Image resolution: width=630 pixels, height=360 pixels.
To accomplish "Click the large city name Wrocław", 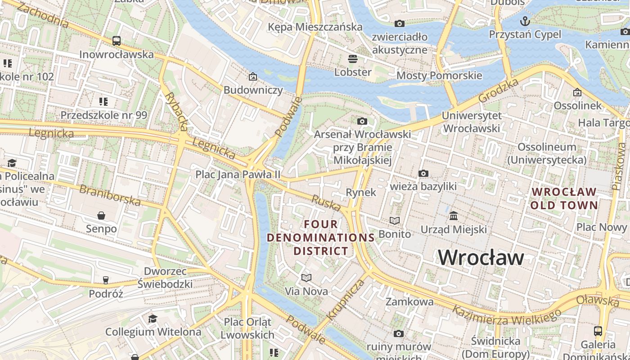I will pos(481,257).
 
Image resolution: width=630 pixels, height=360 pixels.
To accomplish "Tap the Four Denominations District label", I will pos(321,237).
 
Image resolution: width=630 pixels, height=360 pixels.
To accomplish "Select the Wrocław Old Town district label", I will pos(564,198).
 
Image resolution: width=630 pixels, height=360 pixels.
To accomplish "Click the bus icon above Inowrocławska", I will pos(117,41).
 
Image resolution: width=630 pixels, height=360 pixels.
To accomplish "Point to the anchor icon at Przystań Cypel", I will pos(525,21).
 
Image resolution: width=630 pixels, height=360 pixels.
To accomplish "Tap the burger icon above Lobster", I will pos(352,58).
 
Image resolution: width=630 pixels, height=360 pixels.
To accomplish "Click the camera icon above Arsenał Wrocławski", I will pos(362,121).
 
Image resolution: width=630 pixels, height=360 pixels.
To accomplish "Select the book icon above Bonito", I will pos(395,220).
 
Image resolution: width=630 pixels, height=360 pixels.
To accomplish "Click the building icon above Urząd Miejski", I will pos(454,216).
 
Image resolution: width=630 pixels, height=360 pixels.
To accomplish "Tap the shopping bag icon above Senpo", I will pos(101,216).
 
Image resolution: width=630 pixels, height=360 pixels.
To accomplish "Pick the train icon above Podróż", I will pos(106,280).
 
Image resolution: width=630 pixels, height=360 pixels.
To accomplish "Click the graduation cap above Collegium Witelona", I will pos(153,319).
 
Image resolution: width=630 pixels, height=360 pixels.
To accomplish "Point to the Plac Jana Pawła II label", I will pos(238,174).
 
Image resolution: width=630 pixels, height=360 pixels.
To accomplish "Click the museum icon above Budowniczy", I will pos(253,76).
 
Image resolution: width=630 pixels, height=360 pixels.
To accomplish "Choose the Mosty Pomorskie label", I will pos(439,75).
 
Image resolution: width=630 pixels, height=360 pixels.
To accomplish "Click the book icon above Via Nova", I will pos(306,278).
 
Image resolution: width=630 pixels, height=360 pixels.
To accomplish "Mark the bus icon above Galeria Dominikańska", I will pos(598,331).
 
